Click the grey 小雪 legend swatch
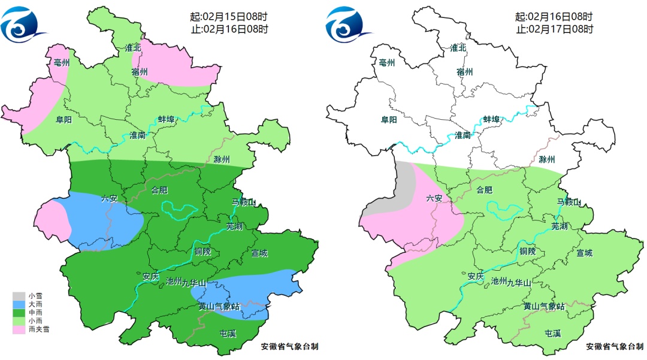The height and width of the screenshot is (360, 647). pos(19,296)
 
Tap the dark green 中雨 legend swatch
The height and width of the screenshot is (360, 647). pos(19,313)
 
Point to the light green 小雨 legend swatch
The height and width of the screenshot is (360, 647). pos(19,321)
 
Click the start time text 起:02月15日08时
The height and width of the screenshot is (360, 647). pos(229,16)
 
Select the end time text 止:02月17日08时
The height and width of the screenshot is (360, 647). pos(554,28)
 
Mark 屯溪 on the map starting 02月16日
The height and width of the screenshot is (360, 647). pos(553,333)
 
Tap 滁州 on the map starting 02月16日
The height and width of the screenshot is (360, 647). pos(546,159)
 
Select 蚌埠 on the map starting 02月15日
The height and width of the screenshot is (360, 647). pos(166,120)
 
